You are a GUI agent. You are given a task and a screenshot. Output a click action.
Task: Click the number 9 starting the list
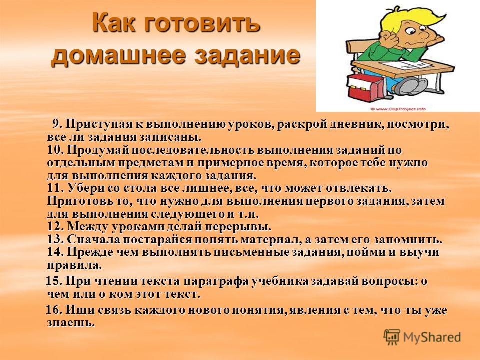coord(57,124)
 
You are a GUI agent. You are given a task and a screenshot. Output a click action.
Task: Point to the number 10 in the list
coord(55,150)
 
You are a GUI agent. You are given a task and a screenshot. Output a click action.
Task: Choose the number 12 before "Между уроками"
coord(55,227)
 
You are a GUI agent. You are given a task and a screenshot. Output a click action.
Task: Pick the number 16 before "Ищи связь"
coord(54,310)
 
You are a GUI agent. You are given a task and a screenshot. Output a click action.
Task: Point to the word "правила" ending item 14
coord(74,265)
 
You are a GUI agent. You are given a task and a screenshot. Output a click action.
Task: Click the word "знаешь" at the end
coord(71,323)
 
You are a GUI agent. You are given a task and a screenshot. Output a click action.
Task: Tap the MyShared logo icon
coord(392,337)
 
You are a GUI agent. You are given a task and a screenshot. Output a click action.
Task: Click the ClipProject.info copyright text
coord(398,109)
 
